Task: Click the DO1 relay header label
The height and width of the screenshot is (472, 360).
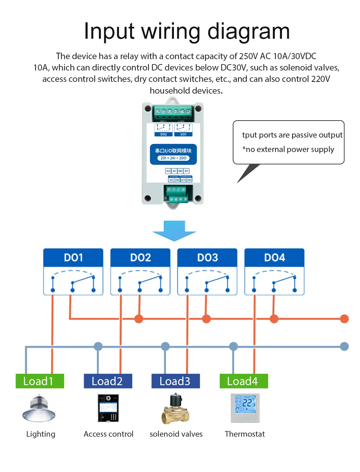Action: [x=73, y=258]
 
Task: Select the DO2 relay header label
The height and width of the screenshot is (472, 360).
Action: [x=140, y=258]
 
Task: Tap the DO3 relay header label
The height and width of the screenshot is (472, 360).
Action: [x=207, y=258]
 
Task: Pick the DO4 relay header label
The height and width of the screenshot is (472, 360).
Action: [x=274, y=258]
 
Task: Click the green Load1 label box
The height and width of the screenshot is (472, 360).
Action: [x=39, y=381]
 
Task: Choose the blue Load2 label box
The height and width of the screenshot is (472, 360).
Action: [x=108, y=381]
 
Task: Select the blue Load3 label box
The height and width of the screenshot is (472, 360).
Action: [x=175, y=381]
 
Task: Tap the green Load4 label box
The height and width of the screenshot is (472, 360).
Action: [x=244, y=381]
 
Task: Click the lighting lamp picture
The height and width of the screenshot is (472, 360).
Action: [x=39, y=409]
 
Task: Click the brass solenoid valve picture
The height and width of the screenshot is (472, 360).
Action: [x=175, y=409]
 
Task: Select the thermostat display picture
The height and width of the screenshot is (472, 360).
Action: [x=245, y=408]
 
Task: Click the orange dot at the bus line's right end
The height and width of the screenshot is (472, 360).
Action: [x=344, y=319]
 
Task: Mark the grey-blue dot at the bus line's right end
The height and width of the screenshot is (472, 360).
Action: [x=344, y=346]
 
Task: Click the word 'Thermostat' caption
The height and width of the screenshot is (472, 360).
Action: [x=245, y=434]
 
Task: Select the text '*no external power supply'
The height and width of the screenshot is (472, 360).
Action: [x=288, y=149]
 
